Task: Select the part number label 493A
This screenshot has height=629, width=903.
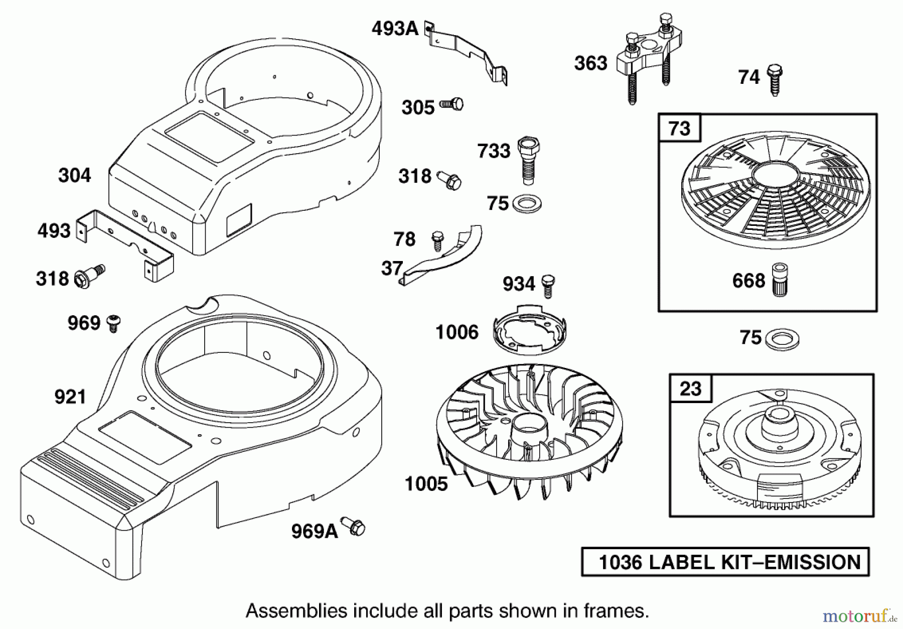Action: (395, 29)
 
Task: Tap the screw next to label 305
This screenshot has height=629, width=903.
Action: (452, 104)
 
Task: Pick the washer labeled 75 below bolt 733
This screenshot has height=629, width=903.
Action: (526, 204)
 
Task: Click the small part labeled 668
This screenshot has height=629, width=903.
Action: (779, 280)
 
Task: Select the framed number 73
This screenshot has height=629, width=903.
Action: (679, 128)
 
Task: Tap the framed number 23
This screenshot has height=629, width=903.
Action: (690, 388)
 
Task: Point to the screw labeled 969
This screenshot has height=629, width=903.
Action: (114, 322)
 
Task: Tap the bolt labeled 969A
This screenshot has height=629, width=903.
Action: (353, 526)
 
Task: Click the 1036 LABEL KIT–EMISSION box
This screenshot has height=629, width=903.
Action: (725, 561)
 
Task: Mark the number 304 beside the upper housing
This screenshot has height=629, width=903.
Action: (75, 175)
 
